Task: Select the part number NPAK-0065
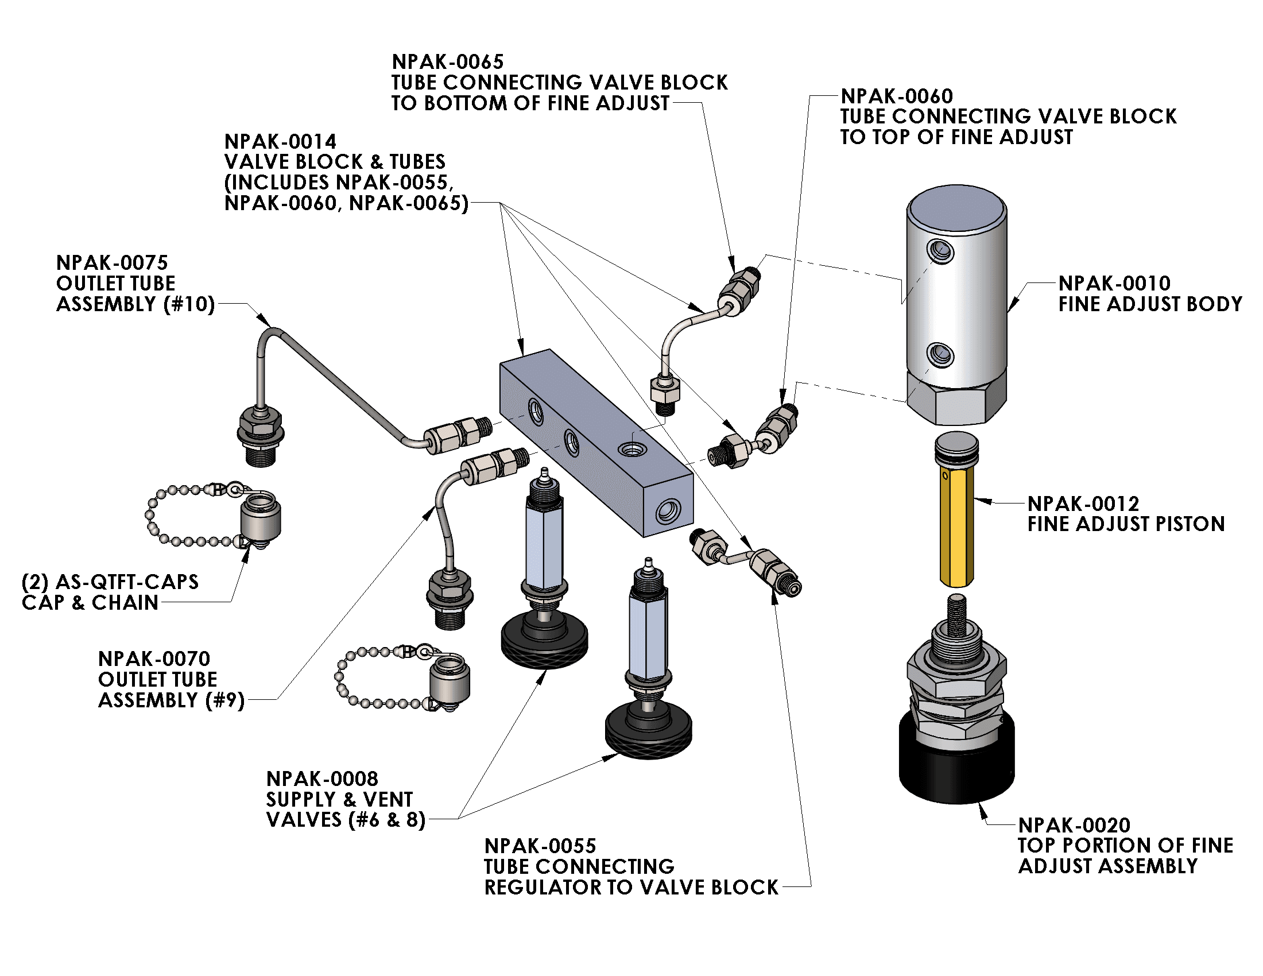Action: pos(448,62)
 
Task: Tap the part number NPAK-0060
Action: pos(896,96)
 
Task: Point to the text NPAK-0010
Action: pos(1114,283)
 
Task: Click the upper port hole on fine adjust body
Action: pos(940,251)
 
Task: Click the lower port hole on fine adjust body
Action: pos(940,354)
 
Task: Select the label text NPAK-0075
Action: pos(111,263)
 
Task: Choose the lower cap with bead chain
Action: pos(450,679)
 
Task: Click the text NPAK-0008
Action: pos(322,779)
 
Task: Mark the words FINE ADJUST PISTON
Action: pos(1126,524)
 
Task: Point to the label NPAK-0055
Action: pos(540,846)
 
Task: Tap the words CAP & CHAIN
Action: pos(90,602)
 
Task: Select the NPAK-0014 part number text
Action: pos(280,142)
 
